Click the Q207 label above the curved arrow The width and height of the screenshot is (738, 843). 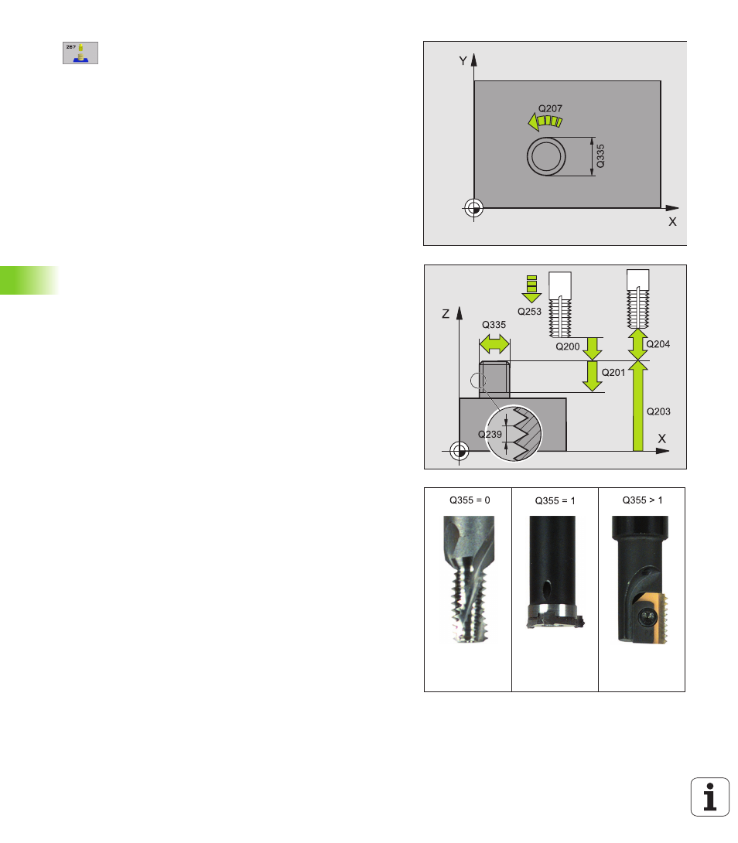click(x=550, y=108)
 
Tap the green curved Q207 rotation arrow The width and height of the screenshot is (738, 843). click(x=545, y=121)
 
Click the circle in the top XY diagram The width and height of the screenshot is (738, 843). click(x=546, y=156)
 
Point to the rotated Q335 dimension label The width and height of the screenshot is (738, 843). click(x=601, y=156)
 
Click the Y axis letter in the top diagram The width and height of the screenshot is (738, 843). click(x=463, y=61)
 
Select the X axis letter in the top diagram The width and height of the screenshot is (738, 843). click(x=672, y=221)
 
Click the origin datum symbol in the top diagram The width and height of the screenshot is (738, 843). click(x=473, y=207)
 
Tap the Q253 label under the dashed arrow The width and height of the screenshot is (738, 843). click(x=529, y=311)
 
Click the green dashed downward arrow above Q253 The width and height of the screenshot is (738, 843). click(x=531, y=288)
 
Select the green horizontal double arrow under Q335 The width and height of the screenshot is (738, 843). click(x=494, y=344)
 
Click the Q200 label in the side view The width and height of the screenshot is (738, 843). click(x=568, y=346)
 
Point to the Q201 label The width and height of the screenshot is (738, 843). click(x=613, y=372)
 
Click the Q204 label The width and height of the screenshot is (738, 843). click(x=658, y=344)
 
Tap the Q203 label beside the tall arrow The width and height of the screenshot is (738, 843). click(x=658, y=411)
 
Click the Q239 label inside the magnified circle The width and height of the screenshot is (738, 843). click(x=490, y=434)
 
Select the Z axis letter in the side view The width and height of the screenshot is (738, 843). click(x=446, y=313)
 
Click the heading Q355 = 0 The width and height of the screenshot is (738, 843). click(x=470, y=500)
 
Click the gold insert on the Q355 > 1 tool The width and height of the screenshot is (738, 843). click(x=652, y=618)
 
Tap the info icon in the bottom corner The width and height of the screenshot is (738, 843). click(x=710, y=797)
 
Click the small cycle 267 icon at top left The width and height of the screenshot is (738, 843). click(x=80, y=53)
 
